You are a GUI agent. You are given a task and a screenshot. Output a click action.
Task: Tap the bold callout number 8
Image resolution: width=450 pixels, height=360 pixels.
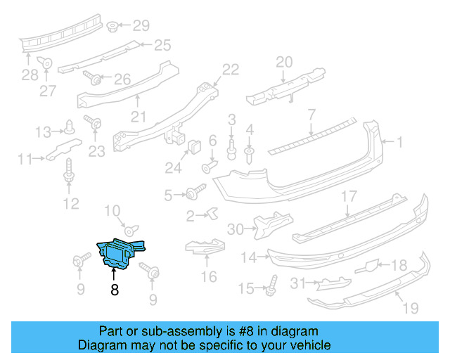[114, 289]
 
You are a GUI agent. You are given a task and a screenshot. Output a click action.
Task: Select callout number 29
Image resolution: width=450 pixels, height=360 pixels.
[141, 26]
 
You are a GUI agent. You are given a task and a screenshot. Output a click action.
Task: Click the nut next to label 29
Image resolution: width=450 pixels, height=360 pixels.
[112, 27]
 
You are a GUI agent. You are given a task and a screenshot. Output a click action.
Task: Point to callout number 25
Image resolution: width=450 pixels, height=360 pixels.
[162, 46]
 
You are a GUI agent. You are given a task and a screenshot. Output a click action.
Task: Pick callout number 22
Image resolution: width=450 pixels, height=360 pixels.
[231, 69]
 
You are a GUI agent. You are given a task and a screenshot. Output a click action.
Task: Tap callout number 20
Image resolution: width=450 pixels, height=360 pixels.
[283, 62]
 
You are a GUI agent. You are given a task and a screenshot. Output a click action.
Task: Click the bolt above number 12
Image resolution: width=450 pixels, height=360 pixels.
[69, 169]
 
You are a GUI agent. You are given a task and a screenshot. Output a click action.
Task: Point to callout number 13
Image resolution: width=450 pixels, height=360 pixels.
[44, 131]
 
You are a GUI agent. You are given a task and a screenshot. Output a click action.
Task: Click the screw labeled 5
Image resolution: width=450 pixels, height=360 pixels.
[193, 192]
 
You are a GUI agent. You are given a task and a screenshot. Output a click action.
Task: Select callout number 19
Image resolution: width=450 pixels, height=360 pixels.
[411, 308]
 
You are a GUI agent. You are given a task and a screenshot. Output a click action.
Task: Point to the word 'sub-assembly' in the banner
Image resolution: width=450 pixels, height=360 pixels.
[176, 331]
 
